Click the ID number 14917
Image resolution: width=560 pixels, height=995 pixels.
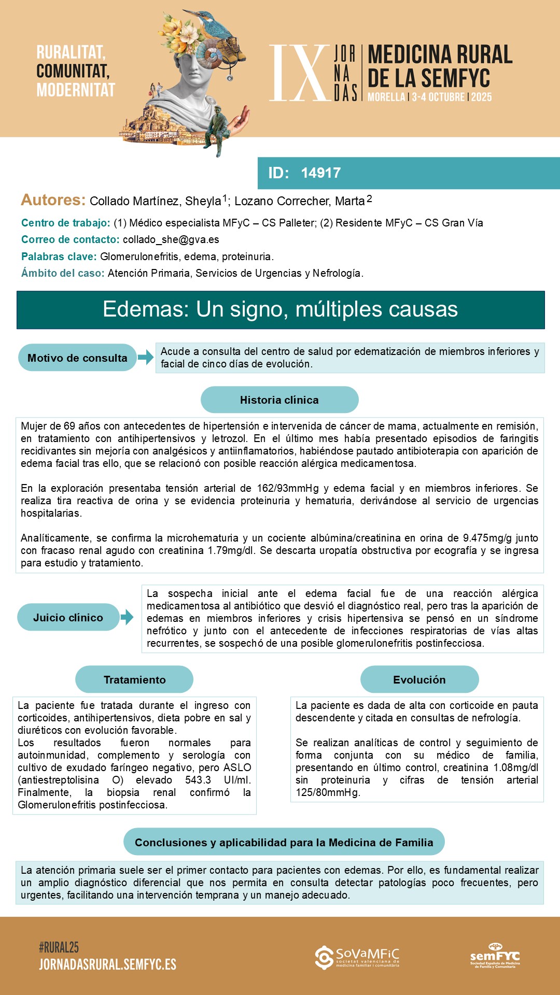pos(320,173)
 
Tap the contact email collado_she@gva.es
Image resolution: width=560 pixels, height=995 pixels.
pos(171,239)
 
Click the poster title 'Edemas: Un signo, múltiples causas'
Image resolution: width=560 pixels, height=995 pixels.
pos(280,309)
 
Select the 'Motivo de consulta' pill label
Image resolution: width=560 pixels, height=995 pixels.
pos(77,358)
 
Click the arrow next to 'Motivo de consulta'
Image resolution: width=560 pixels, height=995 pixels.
pos(146,357)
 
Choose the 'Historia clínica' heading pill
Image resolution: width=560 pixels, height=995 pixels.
pos(279,400)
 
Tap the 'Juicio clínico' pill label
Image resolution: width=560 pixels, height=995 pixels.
pos(68,617)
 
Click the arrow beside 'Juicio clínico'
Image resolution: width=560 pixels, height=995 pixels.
pos(127,617)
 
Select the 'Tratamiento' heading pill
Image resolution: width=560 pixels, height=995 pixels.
pos(134,679)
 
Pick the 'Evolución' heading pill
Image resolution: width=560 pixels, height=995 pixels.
pos(419,679)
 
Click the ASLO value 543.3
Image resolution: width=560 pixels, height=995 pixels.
pos(198,780)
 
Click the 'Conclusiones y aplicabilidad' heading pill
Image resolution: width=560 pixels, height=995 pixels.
pos(284,842)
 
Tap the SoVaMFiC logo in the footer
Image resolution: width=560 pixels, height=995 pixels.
pos(357,958)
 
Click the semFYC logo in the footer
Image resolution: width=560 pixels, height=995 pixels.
pos(495,956)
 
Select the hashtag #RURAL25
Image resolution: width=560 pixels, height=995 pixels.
pos(59,947)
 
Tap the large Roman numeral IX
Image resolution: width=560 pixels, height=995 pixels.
pos(299,73)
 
